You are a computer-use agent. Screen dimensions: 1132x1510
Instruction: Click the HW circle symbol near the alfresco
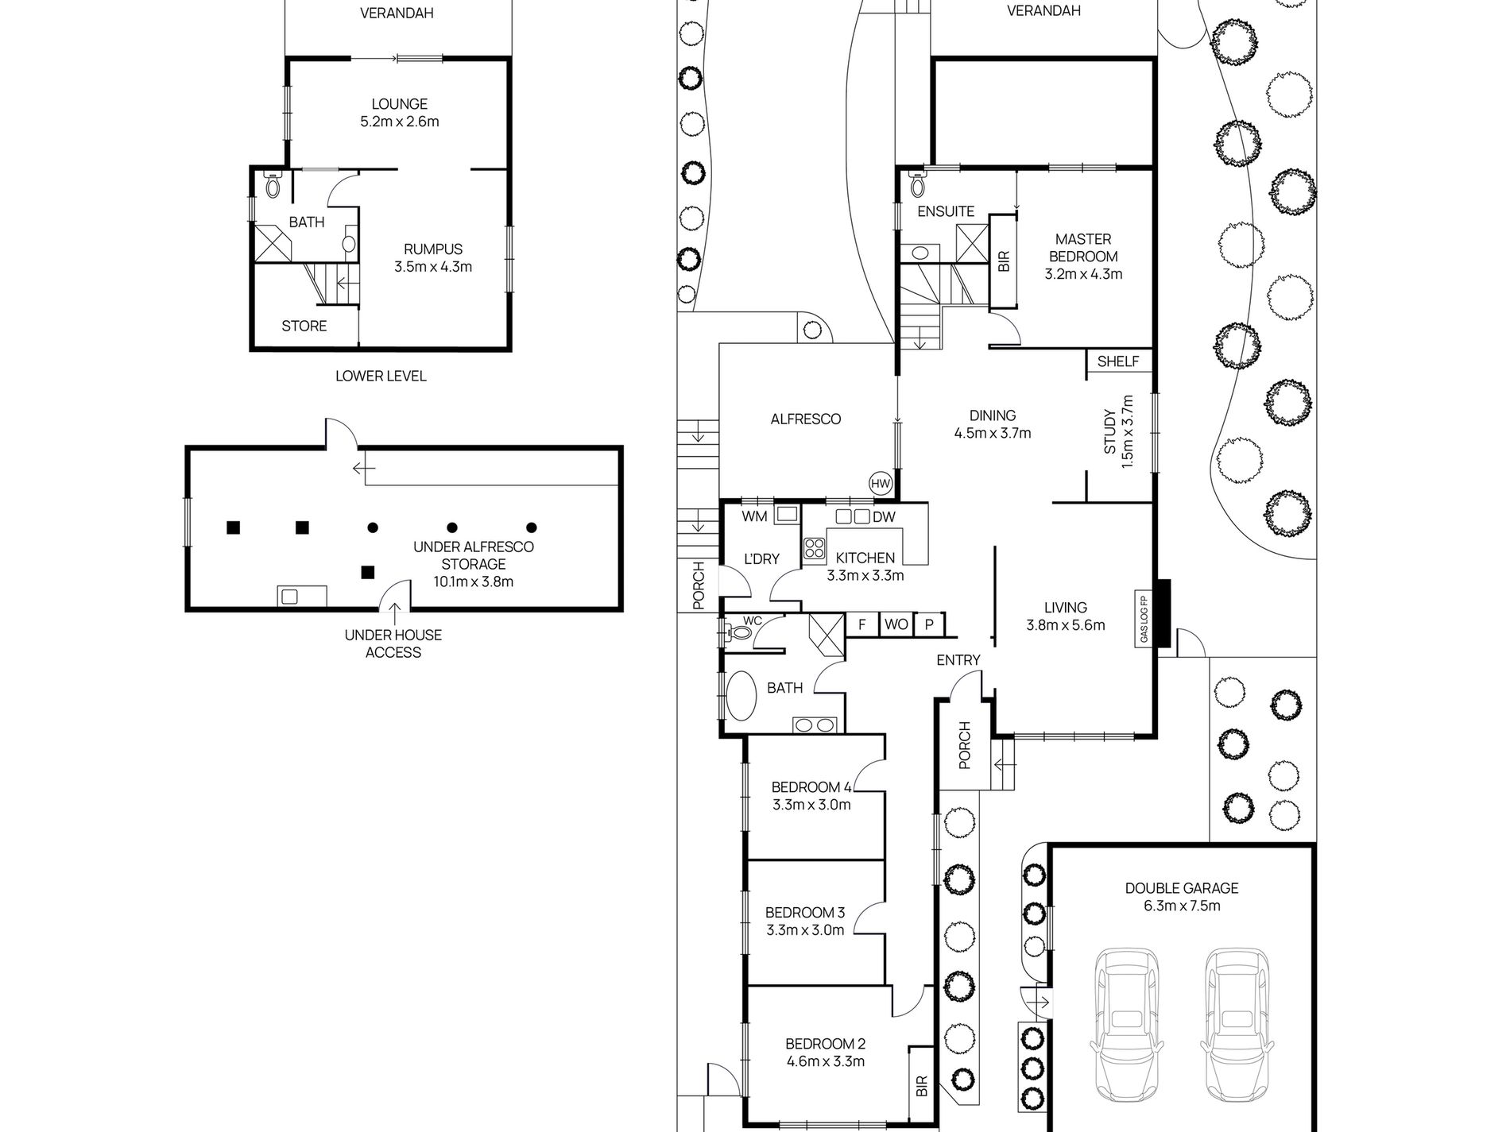click(x=881, y=483)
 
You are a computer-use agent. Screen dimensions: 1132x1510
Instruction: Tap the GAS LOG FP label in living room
click(x=1144, y=619)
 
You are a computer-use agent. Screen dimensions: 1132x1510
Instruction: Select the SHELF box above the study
click(x=1118, y=361)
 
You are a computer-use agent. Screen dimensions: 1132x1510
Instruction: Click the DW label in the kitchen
click(x=884, y=517)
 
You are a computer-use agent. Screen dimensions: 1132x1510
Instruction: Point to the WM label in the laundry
click(x=754, y=517)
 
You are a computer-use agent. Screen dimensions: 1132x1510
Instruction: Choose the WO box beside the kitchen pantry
click(x=896, y=625)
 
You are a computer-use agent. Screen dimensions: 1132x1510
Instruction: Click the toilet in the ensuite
click(x=919, y=185)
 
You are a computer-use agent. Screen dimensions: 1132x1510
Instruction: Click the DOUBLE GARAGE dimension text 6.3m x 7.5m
click(x=1181, y=906)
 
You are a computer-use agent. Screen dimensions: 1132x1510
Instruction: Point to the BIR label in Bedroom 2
click(x=920, y=1086)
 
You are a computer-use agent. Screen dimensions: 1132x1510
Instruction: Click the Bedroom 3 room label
click(x=804, y=913)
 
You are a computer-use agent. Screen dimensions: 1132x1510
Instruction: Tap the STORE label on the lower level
click(x=304, y=326)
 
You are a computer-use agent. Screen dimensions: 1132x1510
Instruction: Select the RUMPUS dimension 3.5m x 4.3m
click(x=433, y=267)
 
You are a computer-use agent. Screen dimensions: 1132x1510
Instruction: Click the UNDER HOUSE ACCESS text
click(x=393, y=643)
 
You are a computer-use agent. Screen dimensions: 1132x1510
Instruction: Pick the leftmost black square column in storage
click(x=233, y=527)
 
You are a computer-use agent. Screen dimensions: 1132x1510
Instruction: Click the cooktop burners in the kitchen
click(x=814, y=547)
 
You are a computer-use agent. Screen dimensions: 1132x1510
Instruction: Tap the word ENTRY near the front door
click(x=958, y=660)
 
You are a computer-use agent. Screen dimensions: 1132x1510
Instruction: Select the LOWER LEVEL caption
click(x=381, y=376)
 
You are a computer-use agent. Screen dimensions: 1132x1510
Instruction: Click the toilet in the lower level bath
click(x=273, y=186)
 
